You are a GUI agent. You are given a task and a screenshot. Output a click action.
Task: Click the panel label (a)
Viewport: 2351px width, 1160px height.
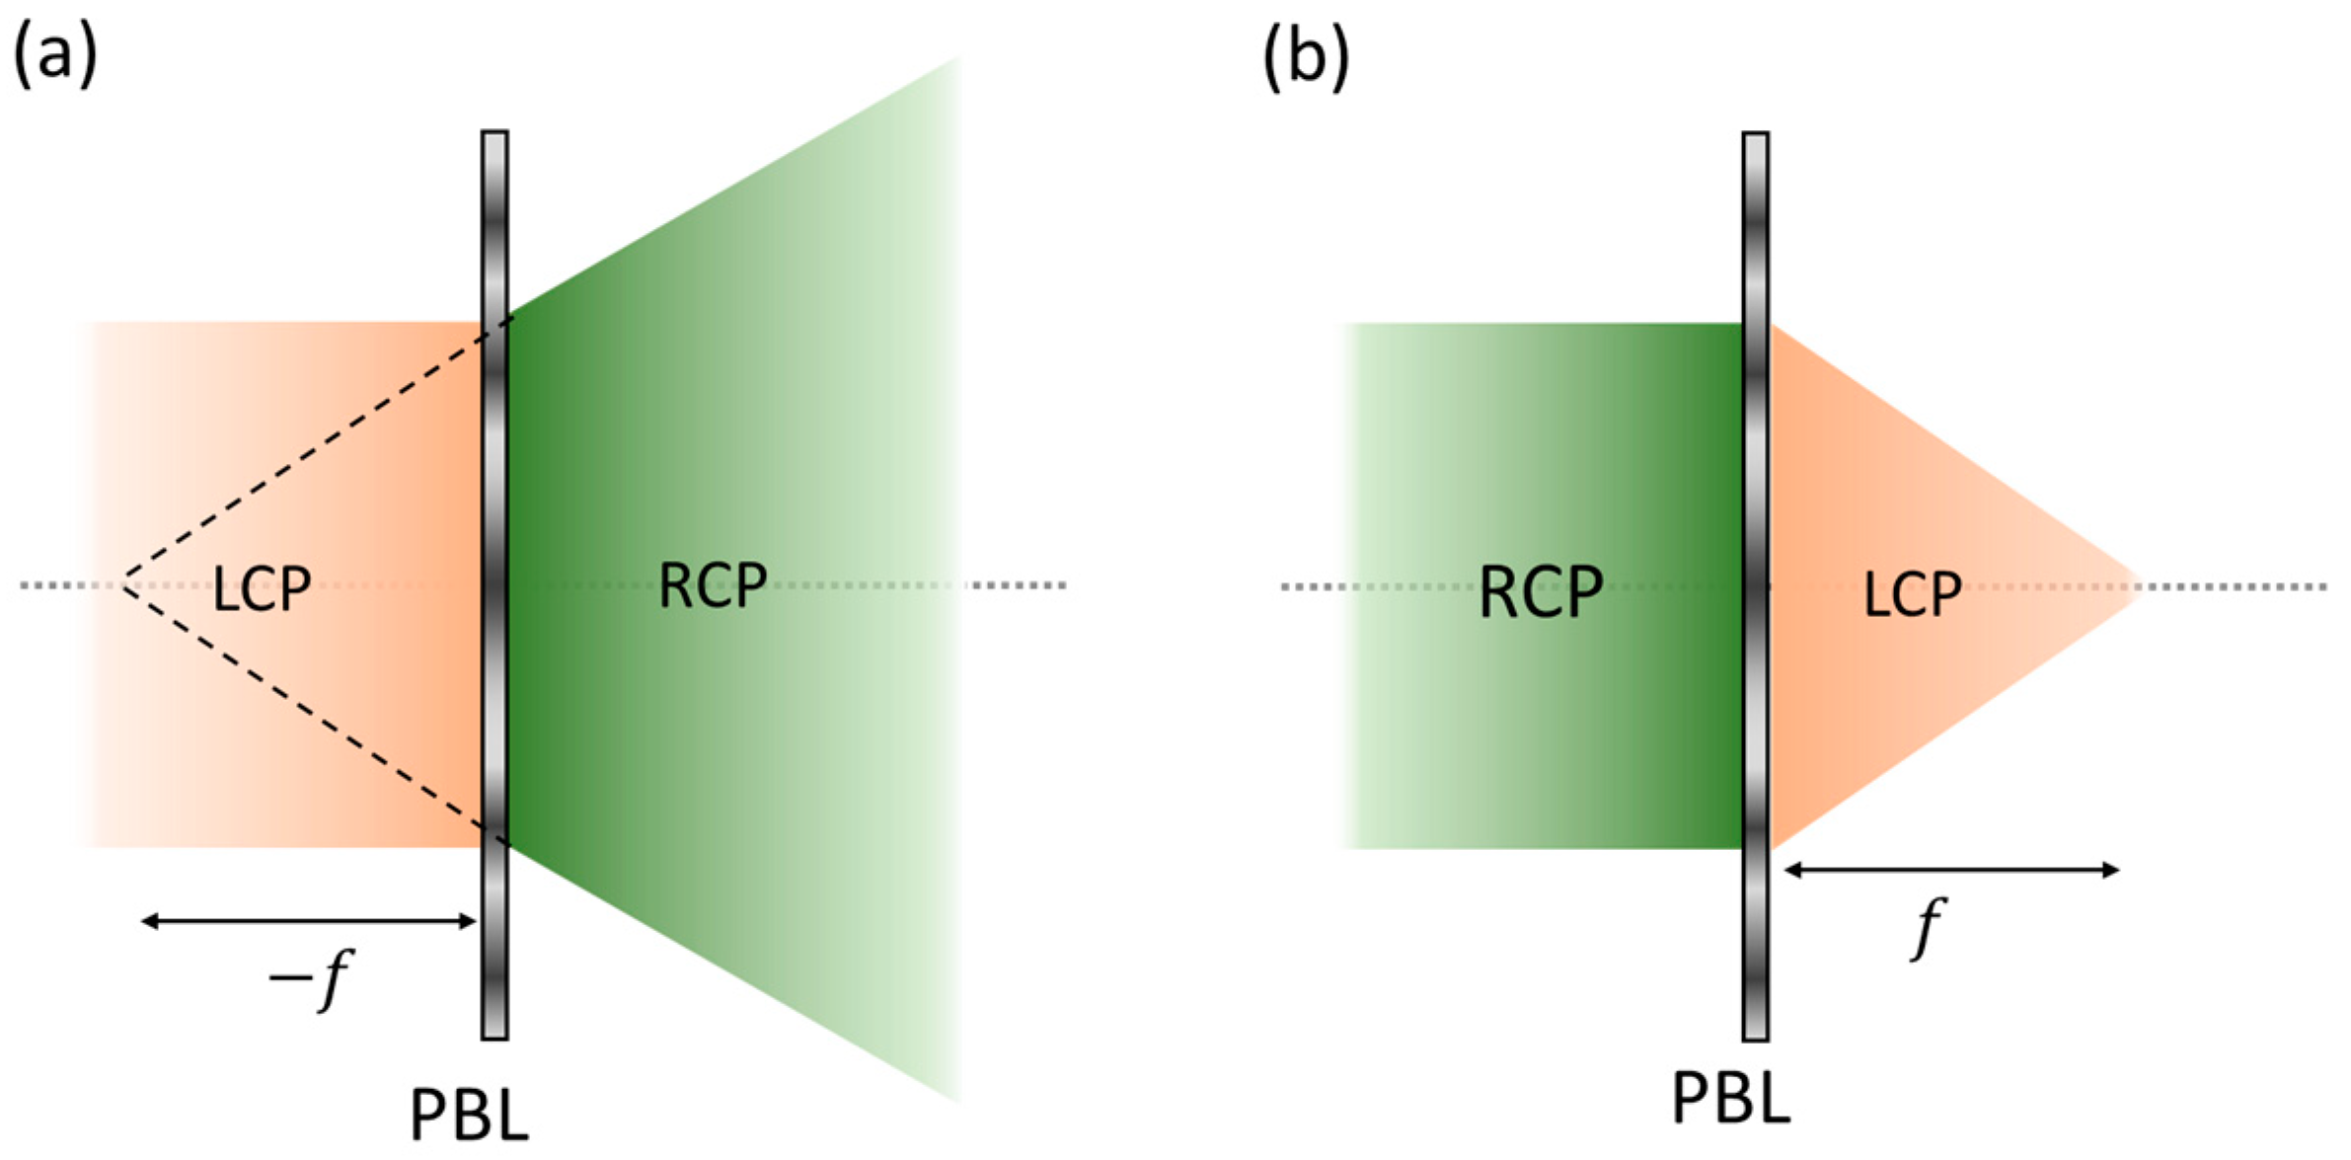click(54, 54)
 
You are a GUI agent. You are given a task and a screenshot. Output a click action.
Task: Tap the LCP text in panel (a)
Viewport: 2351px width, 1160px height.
click(262, 589)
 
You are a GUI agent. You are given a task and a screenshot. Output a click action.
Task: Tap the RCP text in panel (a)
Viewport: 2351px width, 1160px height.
click(713, 586)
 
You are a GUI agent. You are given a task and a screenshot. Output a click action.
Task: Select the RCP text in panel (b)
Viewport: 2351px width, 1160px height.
click(1541, 593)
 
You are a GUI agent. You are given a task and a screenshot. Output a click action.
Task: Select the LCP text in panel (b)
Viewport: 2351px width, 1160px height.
click(1912, 595)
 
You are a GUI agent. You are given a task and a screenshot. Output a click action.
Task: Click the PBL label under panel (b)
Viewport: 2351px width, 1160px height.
click(1731, 1098)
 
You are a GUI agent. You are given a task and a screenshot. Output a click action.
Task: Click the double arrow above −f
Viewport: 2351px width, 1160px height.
click(309, 921)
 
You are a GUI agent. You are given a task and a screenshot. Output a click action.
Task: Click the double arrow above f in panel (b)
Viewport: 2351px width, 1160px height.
click(1952, 870)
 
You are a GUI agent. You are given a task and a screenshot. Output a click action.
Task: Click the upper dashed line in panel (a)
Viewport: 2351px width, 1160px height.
click(316, 451)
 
